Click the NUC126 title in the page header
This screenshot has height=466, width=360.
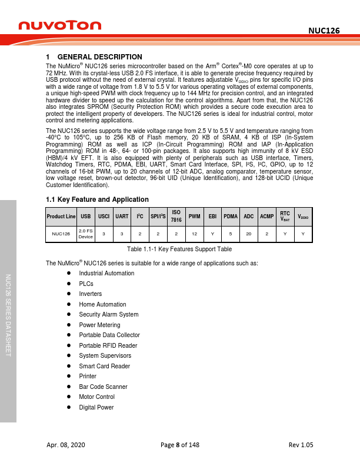pos(325,30)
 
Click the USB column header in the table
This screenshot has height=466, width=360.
pos(86,217)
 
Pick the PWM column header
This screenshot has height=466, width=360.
pos(194,217)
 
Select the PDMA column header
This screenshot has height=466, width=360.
pos(230,217)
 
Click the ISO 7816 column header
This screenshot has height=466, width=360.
pos(175,217)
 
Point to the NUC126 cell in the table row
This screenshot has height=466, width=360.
pos(61,234)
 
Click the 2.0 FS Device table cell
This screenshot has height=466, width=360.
pos(86,234)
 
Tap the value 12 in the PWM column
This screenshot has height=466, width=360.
pos(194,234)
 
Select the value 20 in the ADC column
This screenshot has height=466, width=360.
pos(249,234)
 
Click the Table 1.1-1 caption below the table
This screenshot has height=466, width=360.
pos(179,249)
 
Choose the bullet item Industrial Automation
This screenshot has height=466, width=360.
pos(106,274)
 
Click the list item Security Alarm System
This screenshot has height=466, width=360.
pos(109,315)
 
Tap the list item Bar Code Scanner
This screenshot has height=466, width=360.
pos(103,387)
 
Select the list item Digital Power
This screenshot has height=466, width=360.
pos(96,407)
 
